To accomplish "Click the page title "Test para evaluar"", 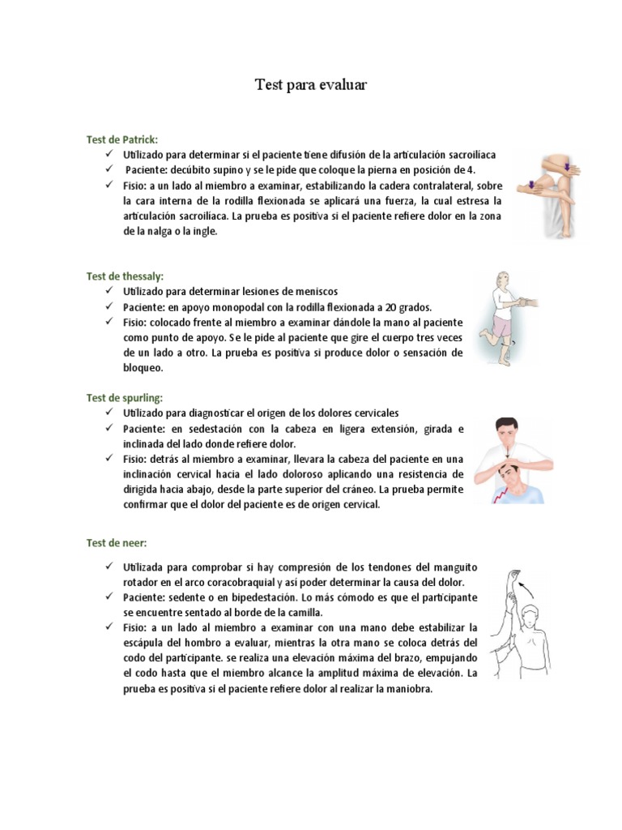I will point(311,84).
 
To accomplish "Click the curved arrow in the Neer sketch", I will point(529,584).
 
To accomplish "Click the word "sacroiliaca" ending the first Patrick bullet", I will point(467,154).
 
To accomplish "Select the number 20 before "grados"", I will point(390,307).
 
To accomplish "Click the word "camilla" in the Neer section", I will point(305,612).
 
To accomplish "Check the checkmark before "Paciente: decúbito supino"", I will point(109,169).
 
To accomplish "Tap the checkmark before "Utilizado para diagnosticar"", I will point(109,412).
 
